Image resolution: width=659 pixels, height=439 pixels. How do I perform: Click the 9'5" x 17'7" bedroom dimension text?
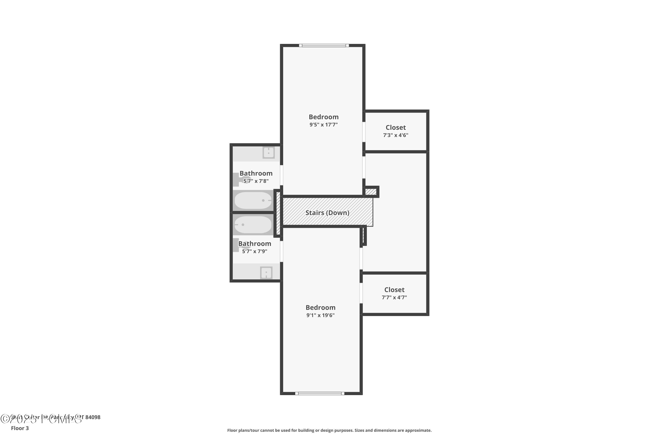pos(323,125)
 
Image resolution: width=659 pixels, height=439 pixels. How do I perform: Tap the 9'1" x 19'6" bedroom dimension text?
pos(320,315)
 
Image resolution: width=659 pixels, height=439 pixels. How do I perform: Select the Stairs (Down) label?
pos(327,213)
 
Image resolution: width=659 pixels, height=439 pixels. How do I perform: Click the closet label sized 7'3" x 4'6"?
pos(395,128)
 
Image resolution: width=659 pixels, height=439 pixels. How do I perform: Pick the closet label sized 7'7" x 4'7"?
pos(394,290)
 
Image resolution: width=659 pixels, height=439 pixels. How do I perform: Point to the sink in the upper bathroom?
pos(268,153)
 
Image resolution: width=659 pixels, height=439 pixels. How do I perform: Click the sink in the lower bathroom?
pos(266,273)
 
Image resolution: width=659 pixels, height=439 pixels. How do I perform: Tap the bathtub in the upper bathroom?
pos(253,200)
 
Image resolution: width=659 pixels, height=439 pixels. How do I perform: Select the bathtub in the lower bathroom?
pos(253,225)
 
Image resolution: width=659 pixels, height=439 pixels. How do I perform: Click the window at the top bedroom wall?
pos(324,45)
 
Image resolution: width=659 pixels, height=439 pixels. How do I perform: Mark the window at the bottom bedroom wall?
pos(320,393)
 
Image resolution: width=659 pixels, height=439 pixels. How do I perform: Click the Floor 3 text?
pos(20,428)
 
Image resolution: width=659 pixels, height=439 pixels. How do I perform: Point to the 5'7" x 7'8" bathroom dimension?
pos(256,181)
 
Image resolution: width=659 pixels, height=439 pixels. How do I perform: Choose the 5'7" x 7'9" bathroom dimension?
pos(254,251)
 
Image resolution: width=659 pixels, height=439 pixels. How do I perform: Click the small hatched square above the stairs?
pos(371,192)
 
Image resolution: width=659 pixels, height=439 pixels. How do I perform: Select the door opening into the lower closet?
pos(361,293)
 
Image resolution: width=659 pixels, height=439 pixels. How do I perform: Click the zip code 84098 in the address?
pos(93,417)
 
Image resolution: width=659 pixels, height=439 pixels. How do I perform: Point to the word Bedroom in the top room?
pos(323,117)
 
